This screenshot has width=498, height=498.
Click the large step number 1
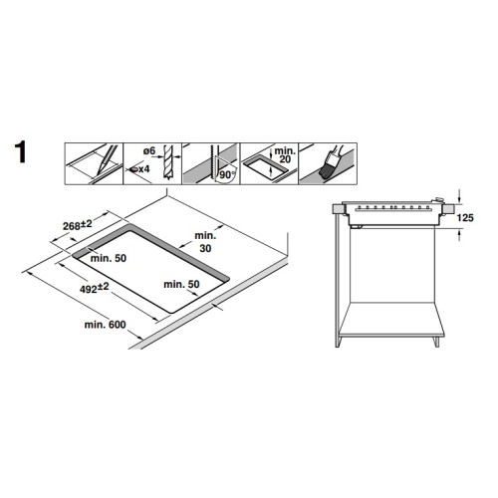point(21,152)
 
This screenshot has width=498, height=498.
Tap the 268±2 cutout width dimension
point(78,225)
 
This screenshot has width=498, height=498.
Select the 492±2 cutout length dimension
point(95,288)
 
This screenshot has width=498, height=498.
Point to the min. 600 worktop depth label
point(105,325)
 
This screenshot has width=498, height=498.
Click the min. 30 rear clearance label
point(205,242)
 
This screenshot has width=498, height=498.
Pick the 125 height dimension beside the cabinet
point(465,218)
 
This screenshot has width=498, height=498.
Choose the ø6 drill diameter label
point(149,151)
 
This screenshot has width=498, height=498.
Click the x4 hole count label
point(143,169)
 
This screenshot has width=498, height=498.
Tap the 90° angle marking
point(227,174)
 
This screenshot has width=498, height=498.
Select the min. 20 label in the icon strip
point(285,155)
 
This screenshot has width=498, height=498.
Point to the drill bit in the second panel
point(168,162)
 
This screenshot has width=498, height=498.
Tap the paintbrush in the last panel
point(332,162)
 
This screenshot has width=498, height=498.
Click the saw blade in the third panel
point(211,163)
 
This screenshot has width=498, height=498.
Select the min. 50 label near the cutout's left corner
point(109,258)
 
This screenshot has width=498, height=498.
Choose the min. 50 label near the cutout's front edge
point(181,284)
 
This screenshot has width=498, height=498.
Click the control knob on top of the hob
point(439,200)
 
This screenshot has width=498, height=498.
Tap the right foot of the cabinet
point(437,342)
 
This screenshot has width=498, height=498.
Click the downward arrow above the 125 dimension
point(459,195)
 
